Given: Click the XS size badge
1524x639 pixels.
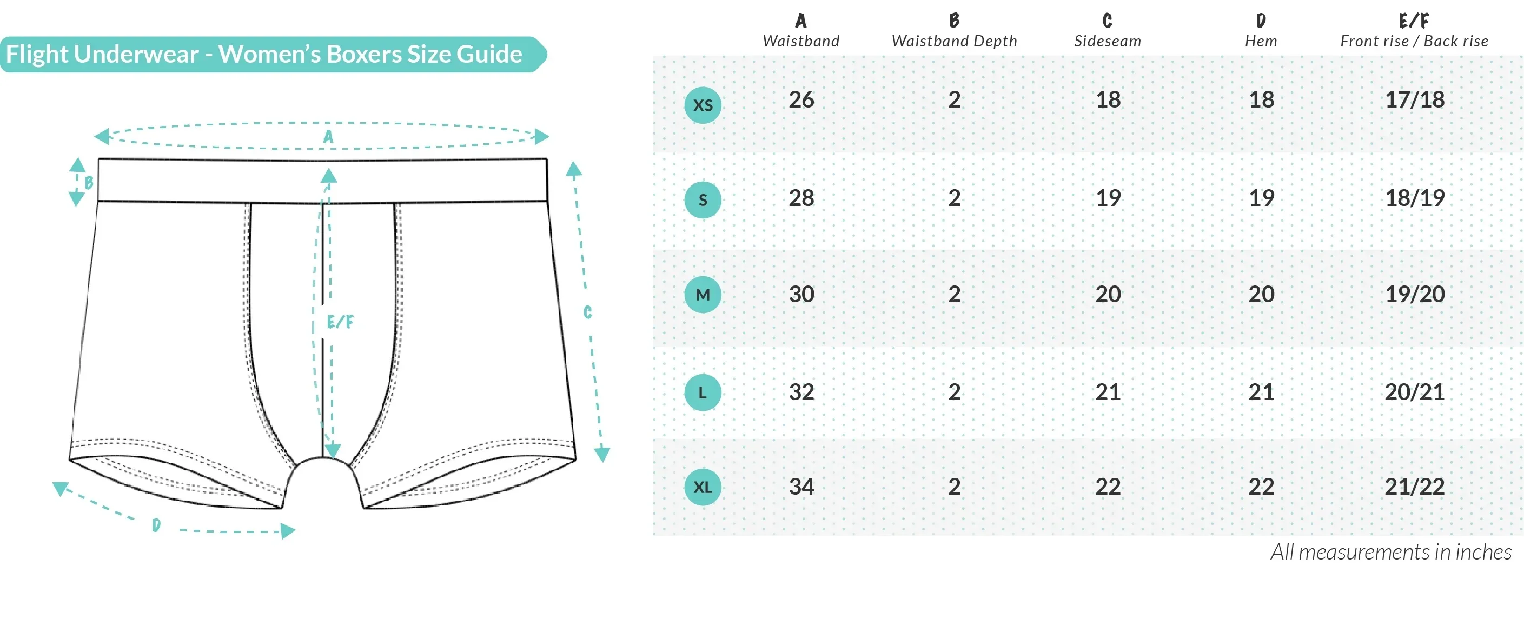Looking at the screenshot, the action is tap(703, 105).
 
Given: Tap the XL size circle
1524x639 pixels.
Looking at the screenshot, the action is tap(703, 487).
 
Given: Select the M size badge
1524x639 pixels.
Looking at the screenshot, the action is tap(703, 294).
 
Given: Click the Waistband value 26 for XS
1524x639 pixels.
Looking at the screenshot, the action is tap(801, 99).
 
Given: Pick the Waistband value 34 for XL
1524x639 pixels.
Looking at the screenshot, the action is tap(801, 487).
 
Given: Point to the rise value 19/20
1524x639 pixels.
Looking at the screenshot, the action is tap(1415, 294).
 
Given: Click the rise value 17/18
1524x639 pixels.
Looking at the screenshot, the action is tap(1415, 99).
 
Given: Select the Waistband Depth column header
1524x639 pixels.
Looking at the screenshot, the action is tap(955, 31).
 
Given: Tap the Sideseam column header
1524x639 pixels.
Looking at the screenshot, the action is tap(1108, 31).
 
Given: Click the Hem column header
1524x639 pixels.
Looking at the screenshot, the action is tap(1261, 31).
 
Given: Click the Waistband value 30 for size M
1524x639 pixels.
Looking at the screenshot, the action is tap(801, 294).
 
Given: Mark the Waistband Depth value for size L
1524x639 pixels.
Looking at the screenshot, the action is tap(955, 392).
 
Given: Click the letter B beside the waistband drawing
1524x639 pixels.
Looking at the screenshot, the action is tap(89, 182).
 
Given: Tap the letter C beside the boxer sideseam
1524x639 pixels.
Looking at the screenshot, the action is tap(587, 312).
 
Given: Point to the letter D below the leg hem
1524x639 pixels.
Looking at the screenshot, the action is tap(156, 525).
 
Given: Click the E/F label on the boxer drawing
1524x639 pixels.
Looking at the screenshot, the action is tap(340, 322).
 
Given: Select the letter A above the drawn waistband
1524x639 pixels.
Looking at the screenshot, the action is tap(328, 137).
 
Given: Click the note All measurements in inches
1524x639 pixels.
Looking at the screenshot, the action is tap(1391, 552).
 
